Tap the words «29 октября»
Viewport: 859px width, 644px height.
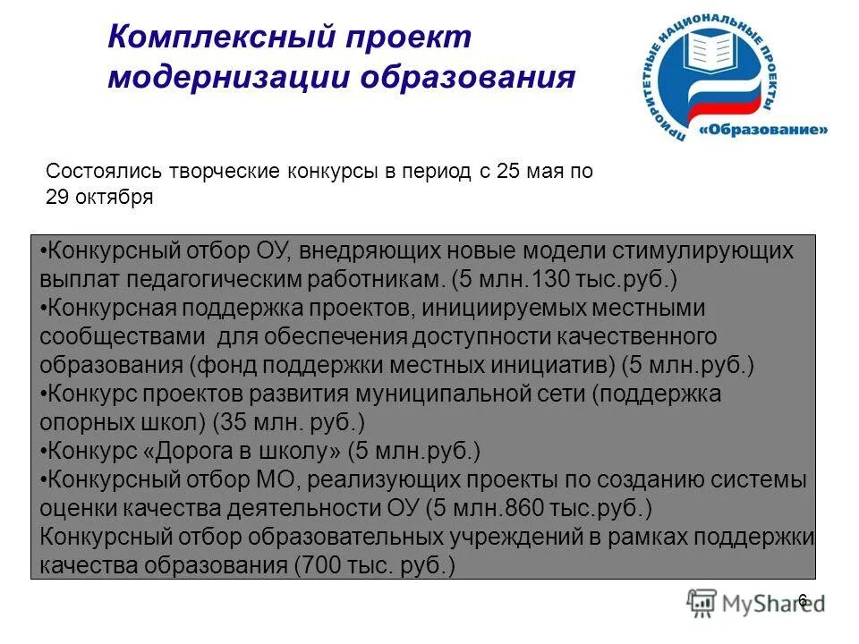coord(99,199)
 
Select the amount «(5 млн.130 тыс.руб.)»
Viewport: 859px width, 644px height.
coord(564,278)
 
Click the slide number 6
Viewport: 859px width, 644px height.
coord(802,599)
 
